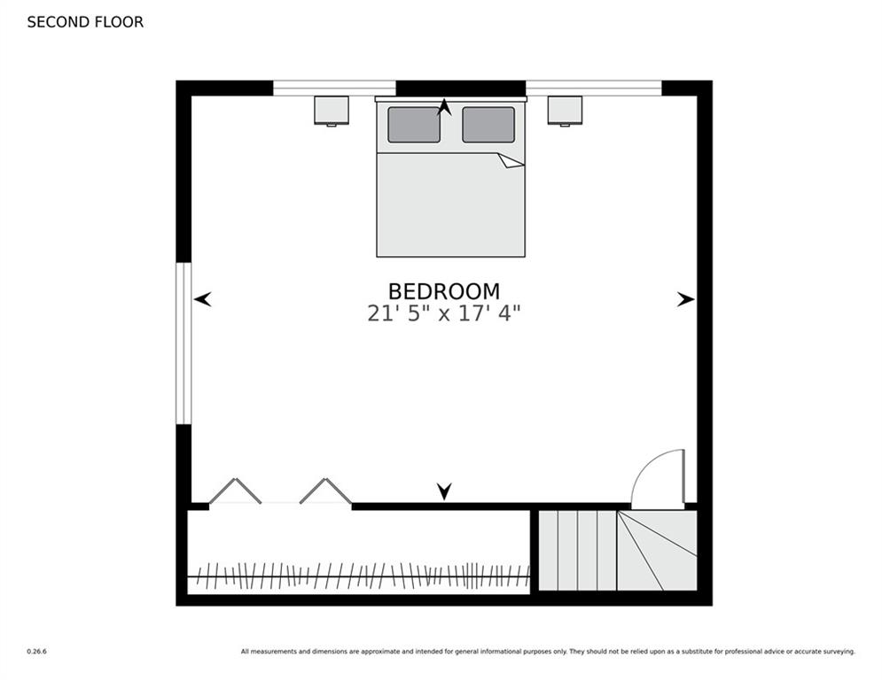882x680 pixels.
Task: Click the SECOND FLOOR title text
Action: pos(85,22)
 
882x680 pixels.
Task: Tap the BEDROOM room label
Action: pos(443,291)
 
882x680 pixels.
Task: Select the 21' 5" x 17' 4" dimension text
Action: pos(443,313)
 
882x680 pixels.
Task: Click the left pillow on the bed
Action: pos(414,125)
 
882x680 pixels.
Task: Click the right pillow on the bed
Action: pos(488,125)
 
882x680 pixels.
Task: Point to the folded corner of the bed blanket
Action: pos(511,160)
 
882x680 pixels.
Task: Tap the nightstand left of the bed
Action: pos(332,110)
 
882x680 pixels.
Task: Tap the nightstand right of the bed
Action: pos(565,110)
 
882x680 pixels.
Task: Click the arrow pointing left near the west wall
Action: pos(203,300)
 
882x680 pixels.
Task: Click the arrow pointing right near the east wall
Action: pos(685,300)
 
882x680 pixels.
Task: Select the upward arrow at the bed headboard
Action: pos(444,108)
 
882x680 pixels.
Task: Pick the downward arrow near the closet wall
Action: pos(444,491)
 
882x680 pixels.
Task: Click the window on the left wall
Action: pos(183,344)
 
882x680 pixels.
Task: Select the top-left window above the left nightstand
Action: pos(334,88)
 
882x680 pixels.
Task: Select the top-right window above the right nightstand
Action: pos(594,88)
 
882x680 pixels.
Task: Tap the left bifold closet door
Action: pos(235,491)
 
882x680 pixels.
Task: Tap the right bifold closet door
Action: pos(325,491)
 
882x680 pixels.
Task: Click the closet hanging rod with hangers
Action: pos(359,576)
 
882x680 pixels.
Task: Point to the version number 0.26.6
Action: pos(36,652)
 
